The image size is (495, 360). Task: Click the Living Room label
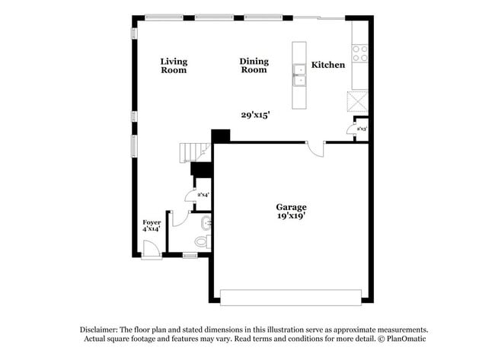click(x=174, y=65)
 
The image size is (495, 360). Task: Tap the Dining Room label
click(x=254, y=65)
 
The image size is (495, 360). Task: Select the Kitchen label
click(x=328, y=65)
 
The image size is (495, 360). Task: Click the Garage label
click(x=292, y=206)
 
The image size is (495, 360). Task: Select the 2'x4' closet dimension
click(x=203, y=195)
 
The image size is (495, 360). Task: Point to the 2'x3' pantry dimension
click(x=362, y=129)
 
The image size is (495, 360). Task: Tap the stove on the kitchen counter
click(x=359, y=53)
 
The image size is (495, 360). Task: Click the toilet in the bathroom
click(x=202, y=241)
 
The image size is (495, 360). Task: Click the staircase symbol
click(x=195, y=153)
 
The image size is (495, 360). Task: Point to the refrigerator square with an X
click(x=357, y=102)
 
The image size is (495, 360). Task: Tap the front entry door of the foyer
click(x=151, y=247)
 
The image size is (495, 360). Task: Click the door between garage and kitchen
click(x=316, y=148)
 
